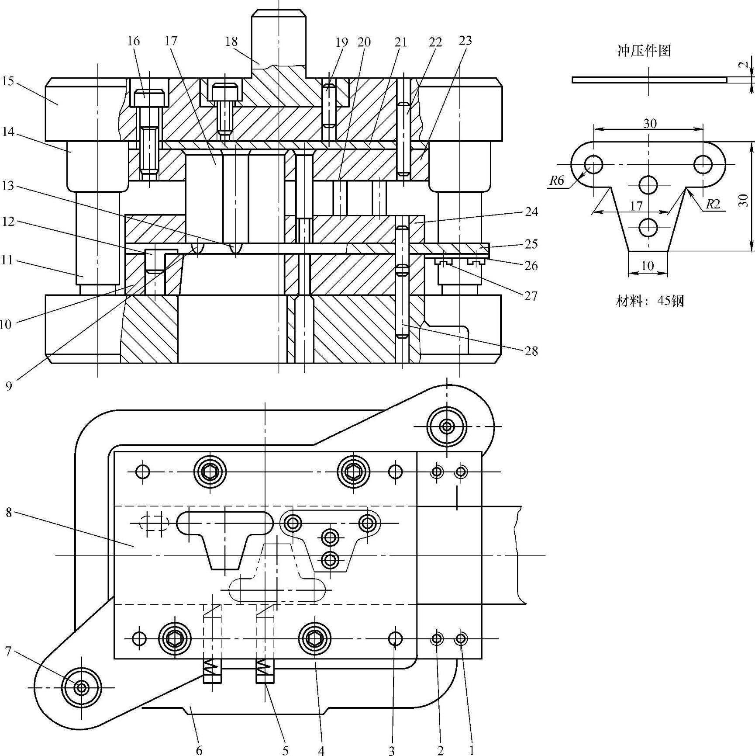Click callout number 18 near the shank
point(231,42)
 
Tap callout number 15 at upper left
point(8,81)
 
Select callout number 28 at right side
point(531,351)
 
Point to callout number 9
point(9,386)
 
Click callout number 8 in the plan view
point(9,512)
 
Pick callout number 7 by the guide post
point(8,652)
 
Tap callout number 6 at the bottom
point(199,750)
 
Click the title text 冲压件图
point(644,51)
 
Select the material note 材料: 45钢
point(650,301)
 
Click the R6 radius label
point(557,180)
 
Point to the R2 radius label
point(713,204)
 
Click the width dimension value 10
point(648,265)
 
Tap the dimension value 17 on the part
point(636,205)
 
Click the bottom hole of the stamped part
point(648,227)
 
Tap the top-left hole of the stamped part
point(593,165)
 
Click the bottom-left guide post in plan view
point(81,688)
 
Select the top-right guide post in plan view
point(447,426)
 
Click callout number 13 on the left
point(8,186)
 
